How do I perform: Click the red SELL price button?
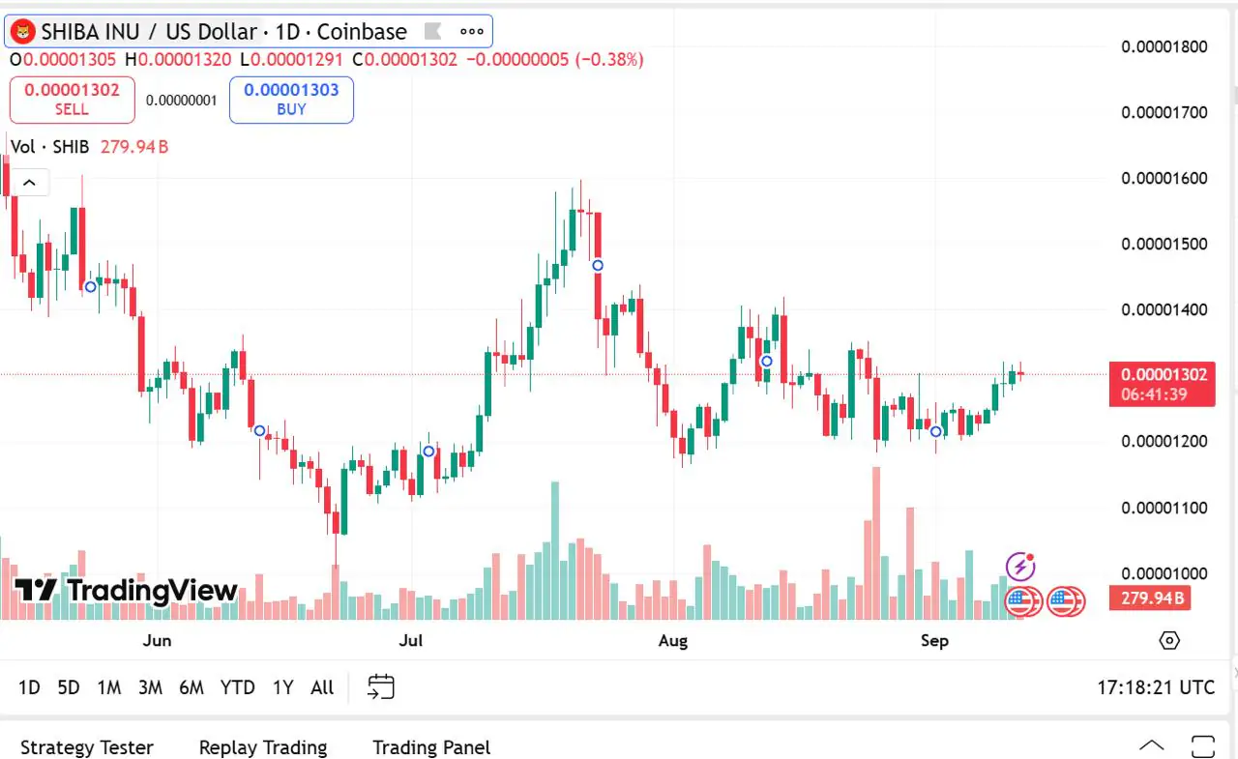[x=72, y=100]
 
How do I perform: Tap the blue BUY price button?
[x=291, y=100]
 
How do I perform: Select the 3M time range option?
[x=150, y=687]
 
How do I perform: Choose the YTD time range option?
[x=237, y=687]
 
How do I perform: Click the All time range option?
[x=322, y=687]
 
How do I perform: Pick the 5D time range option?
[x=69, y=687]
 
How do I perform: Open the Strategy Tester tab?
[x=87, y=747]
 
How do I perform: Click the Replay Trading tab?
[x=263, y=747]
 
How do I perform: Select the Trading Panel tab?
[x=431, y=747]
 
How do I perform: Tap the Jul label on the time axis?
[x=412, y=640]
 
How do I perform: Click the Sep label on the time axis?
[x=935, y=640]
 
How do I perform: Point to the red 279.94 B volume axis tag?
[x=1151, y=598]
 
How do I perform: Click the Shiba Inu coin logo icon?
[x=22, y=32]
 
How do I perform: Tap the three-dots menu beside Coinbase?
[x=471, y=32]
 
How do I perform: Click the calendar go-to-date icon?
[x=381, y=687]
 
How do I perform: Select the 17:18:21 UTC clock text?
[x=1156, y=687]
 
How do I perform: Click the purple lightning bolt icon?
[x=1021, y=566]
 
